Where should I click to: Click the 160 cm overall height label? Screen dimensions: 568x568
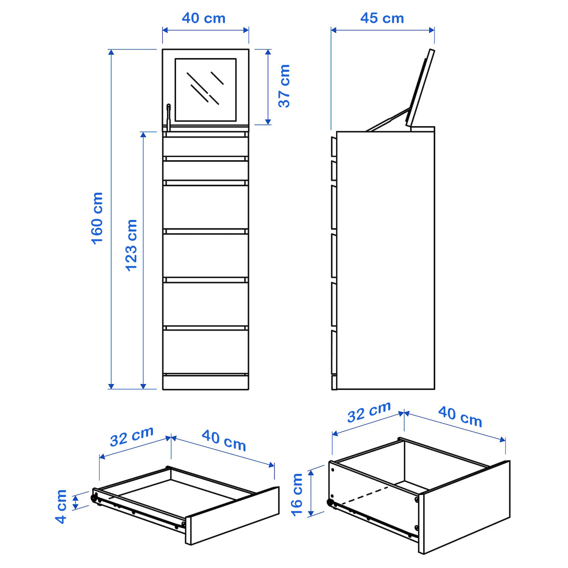(x=97, y=218)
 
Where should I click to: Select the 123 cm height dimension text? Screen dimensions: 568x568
(x=131, y=245)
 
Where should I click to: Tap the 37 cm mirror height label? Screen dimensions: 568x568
(x=284, y=86)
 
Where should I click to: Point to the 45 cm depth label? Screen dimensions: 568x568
(x=382, y=18)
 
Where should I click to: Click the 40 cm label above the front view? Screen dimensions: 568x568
(x=203, y=18)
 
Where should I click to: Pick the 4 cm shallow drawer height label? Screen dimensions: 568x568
(x=61, y=506)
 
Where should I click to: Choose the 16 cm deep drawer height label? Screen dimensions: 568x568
(x=297, y=494)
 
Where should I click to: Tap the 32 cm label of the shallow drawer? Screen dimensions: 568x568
(x=131, y=436)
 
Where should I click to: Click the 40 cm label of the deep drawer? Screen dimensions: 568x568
(x=460, y=417)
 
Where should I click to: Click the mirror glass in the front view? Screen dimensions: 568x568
(x=206, y=90)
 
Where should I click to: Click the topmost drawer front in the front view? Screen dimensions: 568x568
(x=206, y=146)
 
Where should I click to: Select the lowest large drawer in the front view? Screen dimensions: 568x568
(x=206, y=351)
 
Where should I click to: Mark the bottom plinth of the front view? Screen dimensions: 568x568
(x=206, y=382)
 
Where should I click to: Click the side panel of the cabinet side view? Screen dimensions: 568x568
(x=385, y=260)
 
